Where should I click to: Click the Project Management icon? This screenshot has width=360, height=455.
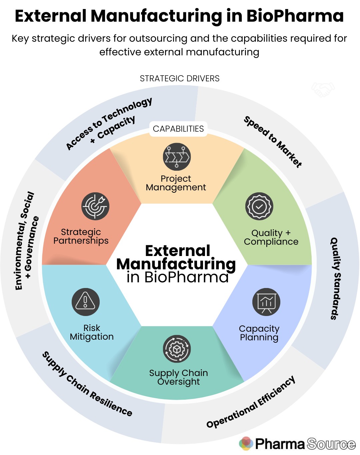click(x=176, y=157)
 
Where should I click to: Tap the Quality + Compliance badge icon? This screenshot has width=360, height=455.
click(x=259, y=206)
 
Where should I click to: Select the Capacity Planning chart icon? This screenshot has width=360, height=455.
click(x=266, y=302)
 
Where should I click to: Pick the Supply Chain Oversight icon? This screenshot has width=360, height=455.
click(x=177, y=349)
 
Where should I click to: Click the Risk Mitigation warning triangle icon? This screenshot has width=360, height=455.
click(x=86, y=302)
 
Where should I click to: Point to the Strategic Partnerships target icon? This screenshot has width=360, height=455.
click(x=95, y=206)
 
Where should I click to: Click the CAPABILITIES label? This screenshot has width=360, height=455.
click(x=178, y=129)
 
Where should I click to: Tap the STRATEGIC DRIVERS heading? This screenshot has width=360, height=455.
click(x=180, y=79)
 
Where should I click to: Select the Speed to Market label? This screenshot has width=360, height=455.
click(x=273, y=141)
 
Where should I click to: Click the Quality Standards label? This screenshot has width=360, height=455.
click(x=335, y=278)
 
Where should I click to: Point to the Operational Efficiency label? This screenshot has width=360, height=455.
click(x=251, y=402)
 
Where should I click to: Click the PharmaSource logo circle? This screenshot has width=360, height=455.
click(x=246, y=443)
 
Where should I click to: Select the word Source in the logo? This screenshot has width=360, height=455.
click(x=331, y=444)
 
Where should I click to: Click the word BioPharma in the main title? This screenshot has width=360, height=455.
click(x=295, y=16)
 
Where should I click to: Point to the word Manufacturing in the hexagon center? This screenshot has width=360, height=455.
click(x=176, y=264)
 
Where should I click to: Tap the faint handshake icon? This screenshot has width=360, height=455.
click(x=323, y=89)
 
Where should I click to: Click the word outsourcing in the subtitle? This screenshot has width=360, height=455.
click(x=158, y=39)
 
